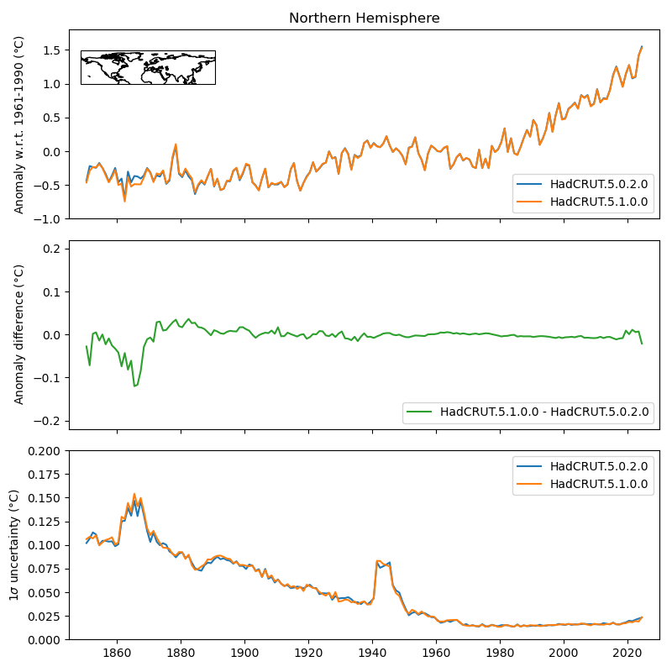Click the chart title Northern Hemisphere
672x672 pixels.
(364, 18)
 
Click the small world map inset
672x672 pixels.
(148, 67)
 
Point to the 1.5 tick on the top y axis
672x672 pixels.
(52, 50)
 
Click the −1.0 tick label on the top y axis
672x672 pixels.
(49, 218)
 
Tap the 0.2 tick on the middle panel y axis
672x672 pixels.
(55, 249)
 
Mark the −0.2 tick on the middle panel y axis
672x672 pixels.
(52, 421)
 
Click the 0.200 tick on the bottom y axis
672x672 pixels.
(45, 451)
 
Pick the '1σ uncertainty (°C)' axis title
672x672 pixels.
(15, 545)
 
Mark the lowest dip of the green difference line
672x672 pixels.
(134, 386)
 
